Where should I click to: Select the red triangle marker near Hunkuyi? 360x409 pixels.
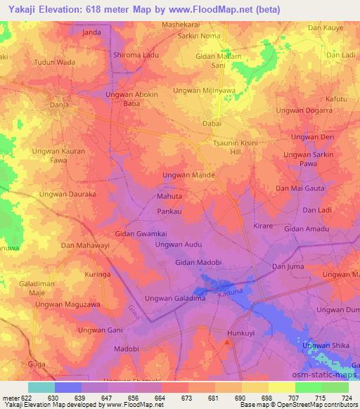click(x=226, y=342)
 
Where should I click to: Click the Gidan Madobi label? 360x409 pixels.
click(x=198, y=262)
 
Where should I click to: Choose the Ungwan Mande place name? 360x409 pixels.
click(x=188, y=174)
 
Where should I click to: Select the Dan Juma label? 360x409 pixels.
click(x=286, y=266)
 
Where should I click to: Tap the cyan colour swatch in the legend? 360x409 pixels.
click(x=41, y=387)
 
